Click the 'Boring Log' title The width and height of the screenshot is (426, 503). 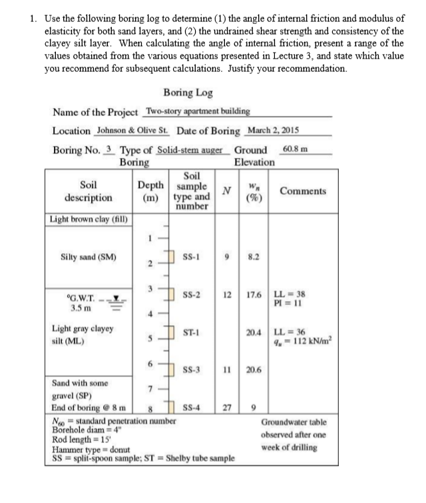[x=187, y=93]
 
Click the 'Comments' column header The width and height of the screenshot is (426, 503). [x=303, y=191]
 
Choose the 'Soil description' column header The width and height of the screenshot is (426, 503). [x=88, y=192]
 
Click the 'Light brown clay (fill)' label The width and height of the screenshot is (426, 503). [x=90, y=219]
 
